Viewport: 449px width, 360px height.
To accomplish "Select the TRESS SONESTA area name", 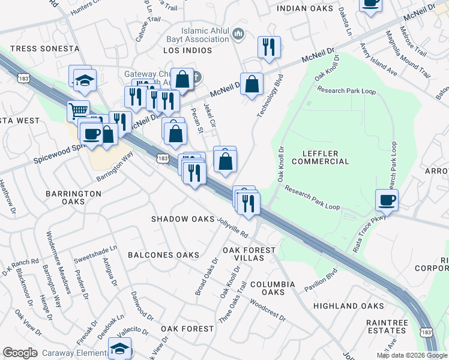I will pyautogui.click(x=45, y=48).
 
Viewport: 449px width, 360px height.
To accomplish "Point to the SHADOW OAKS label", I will pyautogui.click(x=182, y=219).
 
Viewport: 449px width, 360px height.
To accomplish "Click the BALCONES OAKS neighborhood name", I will pyautogui.click(x=163, y=255).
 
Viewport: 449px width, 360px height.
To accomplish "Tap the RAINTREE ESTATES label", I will pyautogui.click(x=387, y=326).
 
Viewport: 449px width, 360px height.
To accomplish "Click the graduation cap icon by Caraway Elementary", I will pyautogui.click(x=120, y=349).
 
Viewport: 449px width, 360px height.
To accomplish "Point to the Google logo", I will pyautogui.click(x=20, y=353).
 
